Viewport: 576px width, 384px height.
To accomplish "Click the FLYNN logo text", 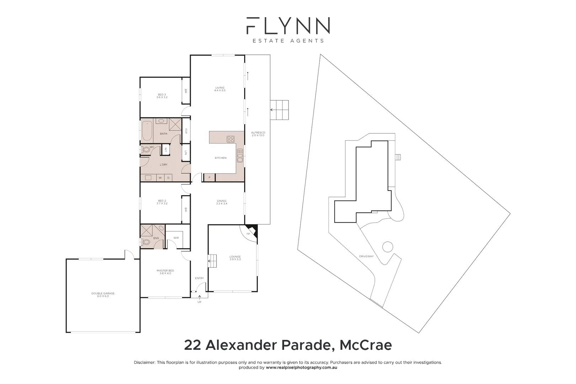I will (288, 26).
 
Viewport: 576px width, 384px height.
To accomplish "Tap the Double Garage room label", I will (103, 295).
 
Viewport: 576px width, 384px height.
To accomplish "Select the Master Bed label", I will (165, 272).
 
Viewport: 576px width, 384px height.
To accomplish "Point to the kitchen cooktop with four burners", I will (230, 139).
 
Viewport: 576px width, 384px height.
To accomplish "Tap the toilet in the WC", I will (146, 150).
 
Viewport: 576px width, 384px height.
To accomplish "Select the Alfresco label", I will (258, 134).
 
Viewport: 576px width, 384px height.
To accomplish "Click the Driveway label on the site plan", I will (366, 256).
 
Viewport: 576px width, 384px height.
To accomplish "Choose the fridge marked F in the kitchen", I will (209, 177).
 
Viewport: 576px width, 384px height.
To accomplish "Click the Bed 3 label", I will (162, 96).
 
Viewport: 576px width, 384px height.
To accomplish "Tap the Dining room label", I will (222, 202).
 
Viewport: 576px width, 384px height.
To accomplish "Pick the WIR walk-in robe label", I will (176, 238).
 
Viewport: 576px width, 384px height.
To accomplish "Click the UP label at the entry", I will (199, 302).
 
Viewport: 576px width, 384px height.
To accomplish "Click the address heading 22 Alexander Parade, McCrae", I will (288, 345).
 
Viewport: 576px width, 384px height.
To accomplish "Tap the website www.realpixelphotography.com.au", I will (301, 368).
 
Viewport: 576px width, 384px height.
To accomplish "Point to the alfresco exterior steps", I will (279, 110).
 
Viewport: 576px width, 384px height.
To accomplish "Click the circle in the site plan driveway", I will (387, 246).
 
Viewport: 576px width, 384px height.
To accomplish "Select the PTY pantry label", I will (186, 130).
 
